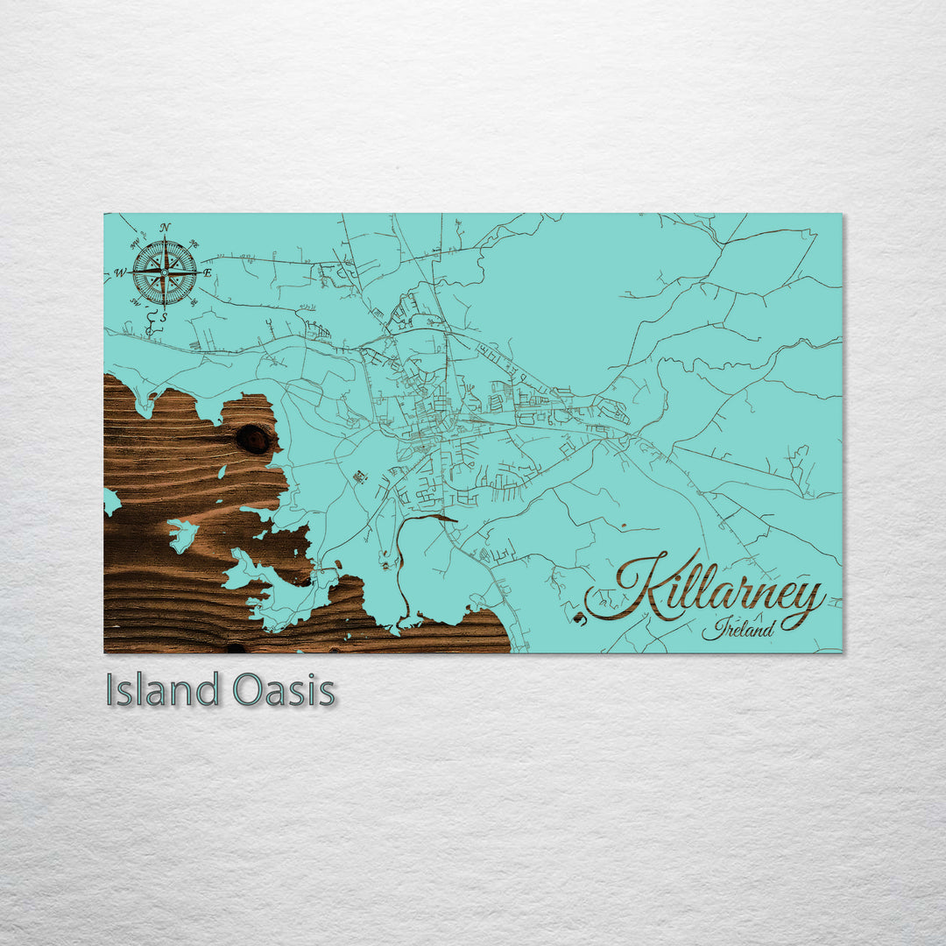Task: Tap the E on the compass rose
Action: click(208, 273)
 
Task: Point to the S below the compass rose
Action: click(163, 317)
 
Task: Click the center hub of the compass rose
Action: click(165, 273)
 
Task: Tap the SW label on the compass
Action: click(135, 302)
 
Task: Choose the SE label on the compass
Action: click(194, 302)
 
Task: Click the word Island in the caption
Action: click(162, 690)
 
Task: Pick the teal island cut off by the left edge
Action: click(110, 501)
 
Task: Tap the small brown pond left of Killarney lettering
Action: click(578, 618)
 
